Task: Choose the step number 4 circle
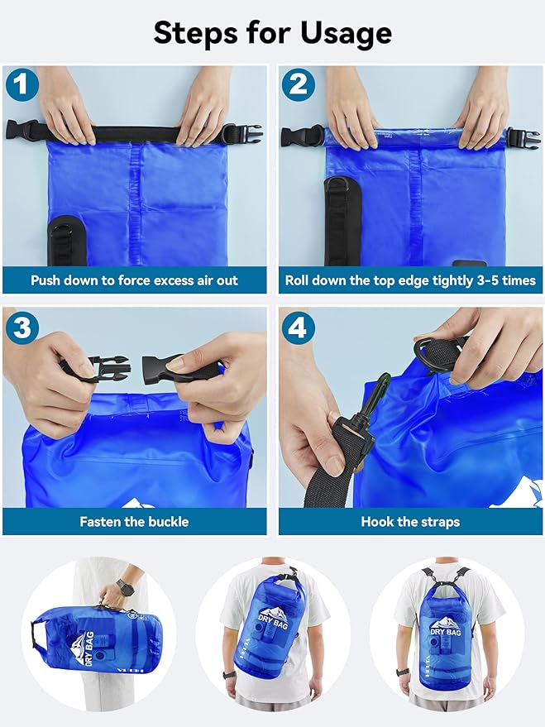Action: point(297,327)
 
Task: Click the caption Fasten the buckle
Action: point(134,522)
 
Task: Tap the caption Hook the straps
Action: point(410,522)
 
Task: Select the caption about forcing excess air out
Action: point(134,280)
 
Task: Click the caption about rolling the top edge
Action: point(410,280)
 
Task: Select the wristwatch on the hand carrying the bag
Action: point(125,586)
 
